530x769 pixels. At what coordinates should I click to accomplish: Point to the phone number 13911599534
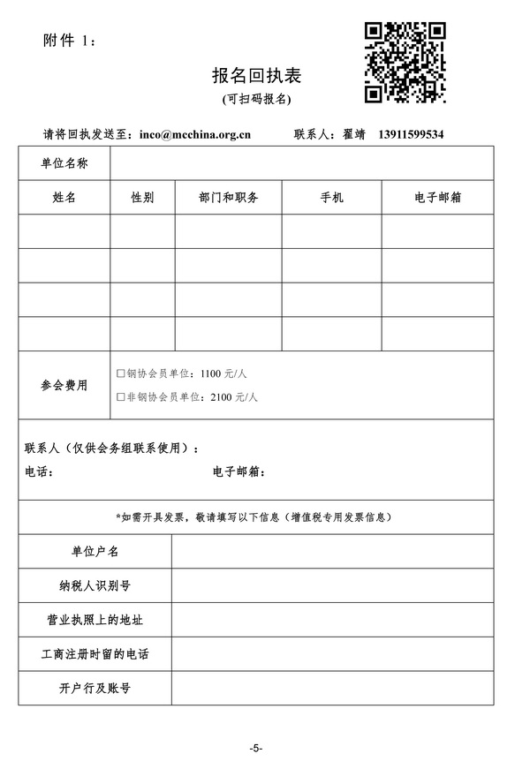(411, 135)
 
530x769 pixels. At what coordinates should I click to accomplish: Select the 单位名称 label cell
(64, 164)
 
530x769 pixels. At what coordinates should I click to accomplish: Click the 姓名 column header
(64, 198)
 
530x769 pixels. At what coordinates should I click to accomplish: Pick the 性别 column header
(142, 198)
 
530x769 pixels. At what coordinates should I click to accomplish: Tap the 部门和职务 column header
(229, 198)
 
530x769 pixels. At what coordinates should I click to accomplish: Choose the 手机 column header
(332, 198)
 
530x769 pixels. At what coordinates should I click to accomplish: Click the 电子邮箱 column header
(437, 198)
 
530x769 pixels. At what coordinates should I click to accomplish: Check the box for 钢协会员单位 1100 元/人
(121, 373)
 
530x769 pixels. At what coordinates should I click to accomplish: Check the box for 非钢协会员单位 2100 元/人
(121, 397)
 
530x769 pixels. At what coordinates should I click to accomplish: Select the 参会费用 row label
(64, 385)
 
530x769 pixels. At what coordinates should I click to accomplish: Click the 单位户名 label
(95, 552)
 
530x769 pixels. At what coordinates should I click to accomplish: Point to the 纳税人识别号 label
(95, 585)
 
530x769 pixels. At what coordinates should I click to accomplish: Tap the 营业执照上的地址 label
(95, 620)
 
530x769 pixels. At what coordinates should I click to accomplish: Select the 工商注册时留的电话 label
(95, 654)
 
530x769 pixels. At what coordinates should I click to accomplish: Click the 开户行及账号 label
(95, 688)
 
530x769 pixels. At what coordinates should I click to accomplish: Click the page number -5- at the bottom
(256, 748)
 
